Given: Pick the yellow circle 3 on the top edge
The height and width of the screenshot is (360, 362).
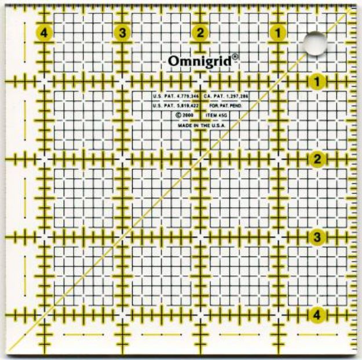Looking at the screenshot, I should click(122, 32).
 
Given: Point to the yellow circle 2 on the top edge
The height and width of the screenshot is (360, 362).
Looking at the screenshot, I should click(200, 32).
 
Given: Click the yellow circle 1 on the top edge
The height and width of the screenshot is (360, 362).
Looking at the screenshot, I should click(278, 32).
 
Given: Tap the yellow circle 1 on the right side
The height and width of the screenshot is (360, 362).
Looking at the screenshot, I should click(316, 81).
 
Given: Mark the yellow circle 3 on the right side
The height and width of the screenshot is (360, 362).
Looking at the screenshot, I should click(316, 237).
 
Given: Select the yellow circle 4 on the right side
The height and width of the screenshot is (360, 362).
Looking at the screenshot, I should click(316, 314).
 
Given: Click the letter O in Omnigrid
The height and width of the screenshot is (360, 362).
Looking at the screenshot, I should click(173, 61).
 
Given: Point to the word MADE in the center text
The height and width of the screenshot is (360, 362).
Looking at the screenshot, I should click(184, 125).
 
